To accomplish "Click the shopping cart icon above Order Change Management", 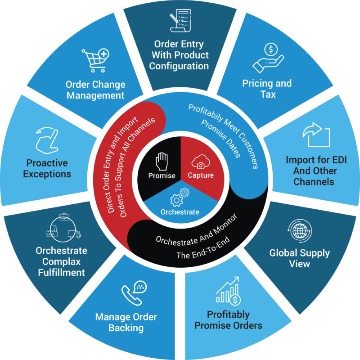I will coord(95,60).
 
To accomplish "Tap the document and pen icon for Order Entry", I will coord(180,21).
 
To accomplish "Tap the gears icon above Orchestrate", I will coord(179,197).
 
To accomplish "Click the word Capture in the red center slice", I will coord(201,175).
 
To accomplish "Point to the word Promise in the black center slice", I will coord(162,175).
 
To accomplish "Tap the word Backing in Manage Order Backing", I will coord(126,328).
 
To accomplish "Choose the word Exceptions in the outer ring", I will coord(47,174).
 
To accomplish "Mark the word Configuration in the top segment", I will coord(179,66).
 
